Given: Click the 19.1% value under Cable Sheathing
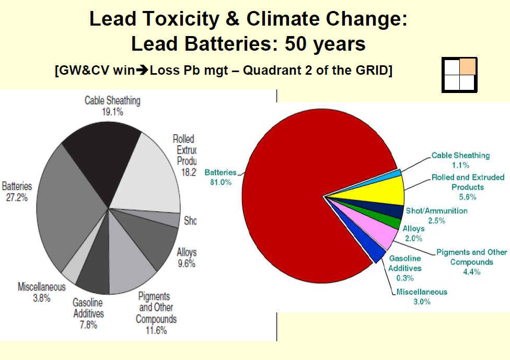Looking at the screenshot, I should click(112, 111).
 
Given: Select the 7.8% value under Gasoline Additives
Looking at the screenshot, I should click(88, 324).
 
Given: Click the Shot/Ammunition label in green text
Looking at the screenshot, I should click(436, 211).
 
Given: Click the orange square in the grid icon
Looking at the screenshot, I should click(468, 66).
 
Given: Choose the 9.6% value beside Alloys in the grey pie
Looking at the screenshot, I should click(186, 263).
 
